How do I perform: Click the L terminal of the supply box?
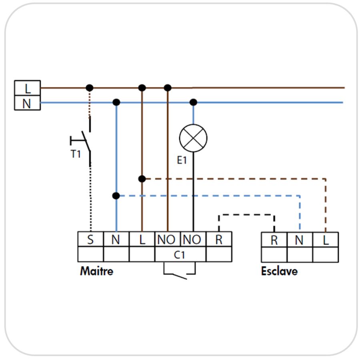pyautogui.click(x=27, y=88)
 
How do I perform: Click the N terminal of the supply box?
pyautogui.click(x=27, y=103)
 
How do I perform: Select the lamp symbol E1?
pyautogui.click(x=193, y=138)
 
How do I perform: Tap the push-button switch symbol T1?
pyautogui.click(x=80, y=141)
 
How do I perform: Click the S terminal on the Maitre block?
pyautogui.click(x=91, y=239)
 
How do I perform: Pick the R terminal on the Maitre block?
pyautogui.click(x=219, y=239)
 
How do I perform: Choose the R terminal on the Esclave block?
pyautogui.click(x=274, y=240)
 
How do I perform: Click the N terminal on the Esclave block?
pyautogui.click(x=300, y=240)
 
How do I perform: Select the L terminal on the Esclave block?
pyautogui.click(x=326, y=240)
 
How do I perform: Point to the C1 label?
pyautogui.click(x=179, y=255)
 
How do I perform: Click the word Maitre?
pyautogui.click(x=97, y=271)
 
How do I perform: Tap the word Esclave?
pyautogui.click(x=280, y=271)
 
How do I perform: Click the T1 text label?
pyautogui.click(x=76, y=154)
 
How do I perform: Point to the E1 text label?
pyautogui.click(x=182, y=160)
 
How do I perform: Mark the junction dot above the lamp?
pyautogui.click(x=193, y=102)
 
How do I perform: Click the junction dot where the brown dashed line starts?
pyautogui.click(x=142, y=179)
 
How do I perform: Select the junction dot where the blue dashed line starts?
pyautogui.click(x=116, y=196)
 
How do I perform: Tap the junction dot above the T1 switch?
pyautogui.click(x=90, y=88)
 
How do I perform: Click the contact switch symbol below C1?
pyautogui.click(x=180, y=271)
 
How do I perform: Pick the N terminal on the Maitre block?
pyautogui.click(x=116, y=239)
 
